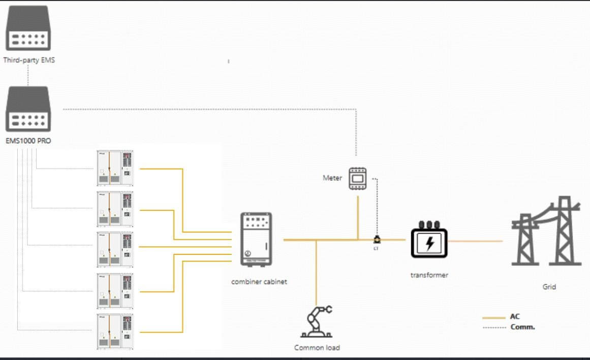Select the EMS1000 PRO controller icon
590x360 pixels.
click(x=28, y=109)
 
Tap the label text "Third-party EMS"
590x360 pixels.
click(x=28, y=60)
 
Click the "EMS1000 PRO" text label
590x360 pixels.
click(x=28, y=141)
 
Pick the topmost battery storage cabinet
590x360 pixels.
click(x=115, y=168)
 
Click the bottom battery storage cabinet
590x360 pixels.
click(x=115, y=331)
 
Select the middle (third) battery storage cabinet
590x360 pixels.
click(x=115, y=249)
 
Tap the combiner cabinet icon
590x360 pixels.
click(x=256, y=239)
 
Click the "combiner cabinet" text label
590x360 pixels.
click(x=259, y=281)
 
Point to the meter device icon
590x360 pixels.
click(x=358, y=179)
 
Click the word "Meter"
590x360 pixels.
click(x=332, y=178)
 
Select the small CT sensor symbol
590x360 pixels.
click(x=377, y=240)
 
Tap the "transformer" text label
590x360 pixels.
click(x=429, y=275)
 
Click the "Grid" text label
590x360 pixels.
click(x=549, y=287)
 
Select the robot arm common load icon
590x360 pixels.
click(x=317, y=322)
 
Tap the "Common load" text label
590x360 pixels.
click(x=317, y=348)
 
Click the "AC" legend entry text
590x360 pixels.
click(x=515, y=316)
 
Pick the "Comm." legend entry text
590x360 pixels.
click(x=522, y=327)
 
